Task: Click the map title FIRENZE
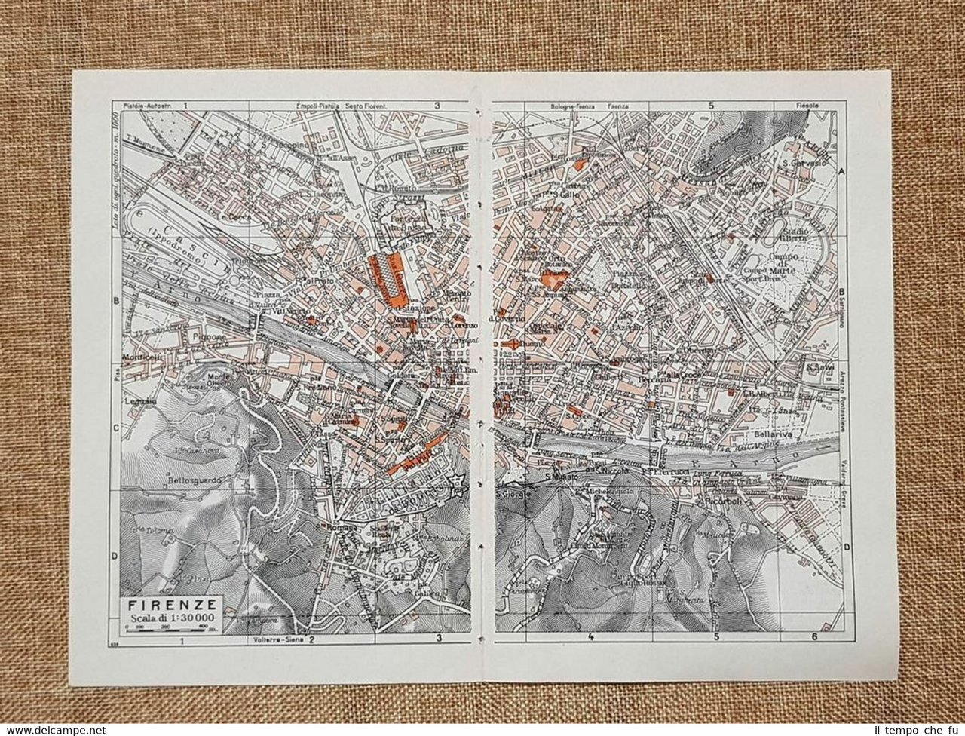tap(172, 604)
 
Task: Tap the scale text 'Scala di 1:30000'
tap(172, 618)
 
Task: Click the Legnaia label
tap(141, 401)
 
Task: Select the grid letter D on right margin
tap(847, 548)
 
